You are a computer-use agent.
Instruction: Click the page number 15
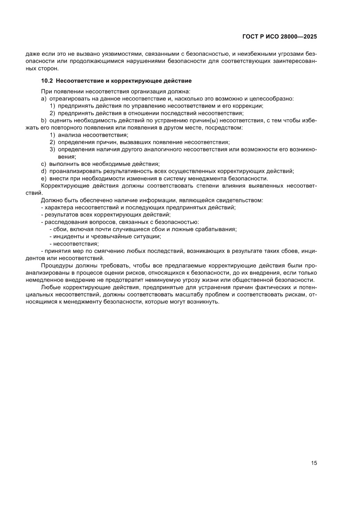[314, 463]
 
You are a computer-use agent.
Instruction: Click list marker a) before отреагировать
[44, 99]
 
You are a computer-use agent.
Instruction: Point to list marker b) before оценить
[44, 121]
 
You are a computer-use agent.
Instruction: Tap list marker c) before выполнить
[44, 164]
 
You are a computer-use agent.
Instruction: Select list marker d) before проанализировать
[44, 171]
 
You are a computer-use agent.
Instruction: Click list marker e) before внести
[44, 179]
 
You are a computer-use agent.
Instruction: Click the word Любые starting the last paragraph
[50, 287]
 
